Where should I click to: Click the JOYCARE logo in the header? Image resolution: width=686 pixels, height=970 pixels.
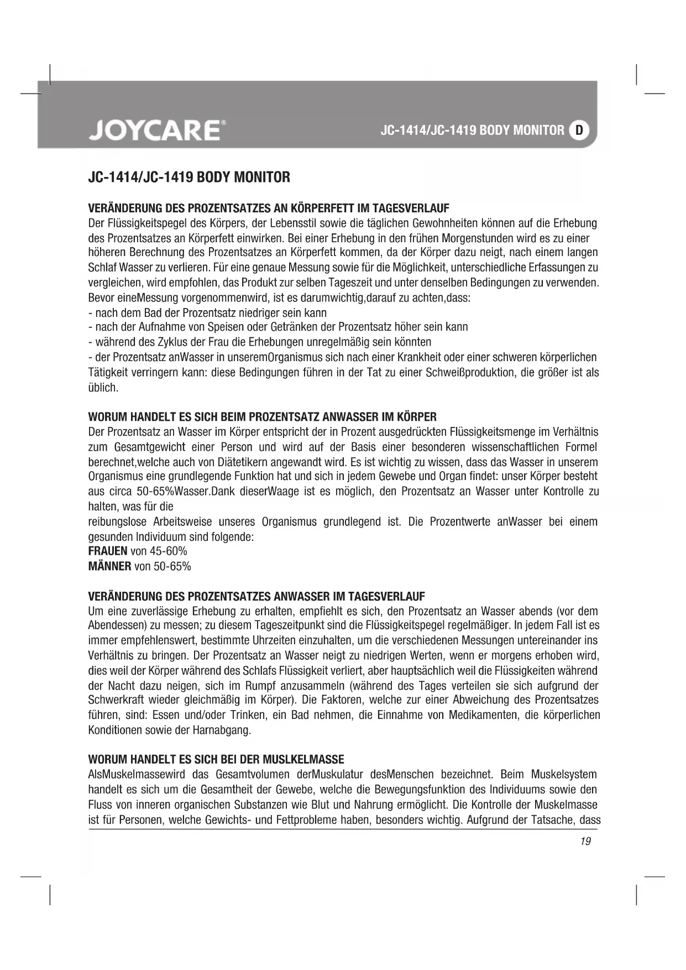click(x=154, y=131)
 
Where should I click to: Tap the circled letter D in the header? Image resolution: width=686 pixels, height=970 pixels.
click(x=579, y=131)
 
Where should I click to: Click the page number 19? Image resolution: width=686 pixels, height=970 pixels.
click(x=586, y=841)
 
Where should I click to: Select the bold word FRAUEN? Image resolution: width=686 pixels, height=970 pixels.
click(x=108, y=551)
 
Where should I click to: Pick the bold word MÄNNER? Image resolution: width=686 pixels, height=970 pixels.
click(x=109, y=566)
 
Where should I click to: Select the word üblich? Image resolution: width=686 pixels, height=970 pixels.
click(x=103, y=387)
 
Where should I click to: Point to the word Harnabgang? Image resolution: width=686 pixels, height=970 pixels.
click(x=222, y=730)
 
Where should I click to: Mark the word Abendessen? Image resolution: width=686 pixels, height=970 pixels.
click(x=113, y=625)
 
